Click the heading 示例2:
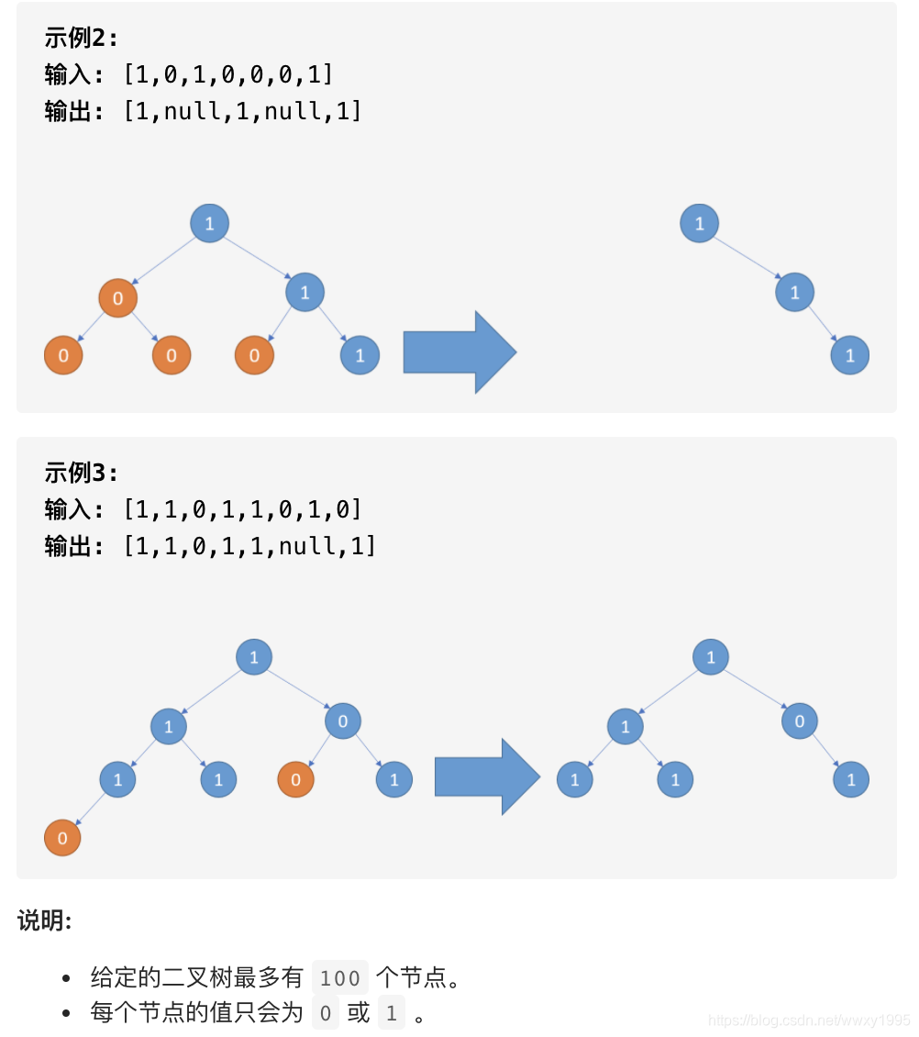click(x=82, y=39)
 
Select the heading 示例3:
click(x=82, y=474)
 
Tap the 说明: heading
click(x=44, y=921)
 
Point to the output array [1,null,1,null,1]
click(x=243, y=112)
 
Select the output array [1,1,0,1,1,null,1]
click(x=249, y=547)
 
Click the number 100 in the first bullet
click(x=340, y=978)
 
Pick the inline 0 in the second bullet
click(x=325, y=1013)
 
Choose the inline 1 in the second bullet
click(x=392, y=1013)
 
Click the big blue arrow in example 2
click(x=459, y=352)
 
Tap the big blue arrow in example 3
click(x=487, y=777)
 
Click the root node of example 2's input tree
click(x=209, y=223)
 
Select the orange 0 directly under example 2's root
click(x=117, y=298)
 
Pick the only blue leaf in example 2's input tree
click(x=360, y=355)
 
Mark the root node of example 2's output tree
click(x=700, y=224)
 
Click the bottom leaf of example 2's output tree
click(x=850, y=355)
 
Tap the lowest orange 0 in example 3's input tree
click(x=62, y=838)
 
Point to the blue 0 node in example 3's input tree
click(x=343, y=721)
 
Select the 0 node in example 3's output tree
click(x=800, y=721)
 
